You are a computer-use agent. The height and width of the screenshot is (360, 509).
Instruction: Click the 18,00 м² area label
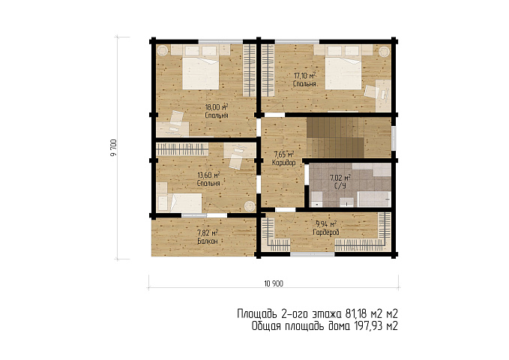point(217,107)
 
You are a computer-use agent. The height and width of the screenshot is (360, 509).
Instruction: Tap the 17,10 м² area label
point(305,76)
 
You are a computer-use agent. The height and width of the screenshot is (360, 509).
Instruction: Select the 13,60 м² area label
point(208,175)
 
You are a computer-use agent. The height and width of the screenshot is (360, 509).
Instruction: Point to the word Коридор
point(283,163)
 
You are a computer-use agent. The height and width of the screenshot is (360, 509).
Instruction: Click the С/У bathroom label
point(340,186)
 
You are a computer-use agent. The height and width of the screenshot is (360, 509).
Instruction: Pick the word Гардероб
point(326,232)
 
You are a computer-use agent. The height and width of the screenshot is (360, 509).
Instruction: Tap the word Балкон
point(208,241)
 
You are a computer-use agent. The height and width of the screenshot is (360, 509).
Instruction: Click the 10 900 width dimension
point(274,283)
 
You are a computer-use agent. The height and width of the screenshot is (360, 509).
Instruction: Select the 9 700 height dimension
point(113,148)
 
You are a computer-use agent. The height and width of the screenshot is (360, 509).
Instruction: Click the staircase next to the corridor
point(335,137)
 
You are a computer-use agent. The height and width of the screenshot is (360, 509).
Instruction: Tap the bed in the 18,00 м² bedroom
point(201,73)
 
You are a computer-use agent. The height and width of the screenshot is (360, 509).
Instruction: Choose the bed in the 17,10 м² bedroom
point(343,73)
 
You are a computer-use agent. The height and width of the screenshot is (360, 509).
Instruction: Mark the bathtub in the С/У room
point(373,199)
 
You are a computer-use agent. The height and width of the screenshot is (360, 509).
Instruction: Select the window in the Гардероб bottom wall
point(312,254)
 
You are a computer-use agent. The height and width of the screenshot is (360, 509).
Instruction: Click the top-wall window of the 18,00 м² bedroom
point(220,41)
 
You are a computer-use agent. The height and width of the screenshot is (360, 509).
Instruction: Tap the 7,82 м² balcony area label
point(208,232)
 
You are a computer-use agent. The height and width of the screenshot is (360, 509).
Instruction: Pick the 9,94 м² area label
point(326,223)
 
